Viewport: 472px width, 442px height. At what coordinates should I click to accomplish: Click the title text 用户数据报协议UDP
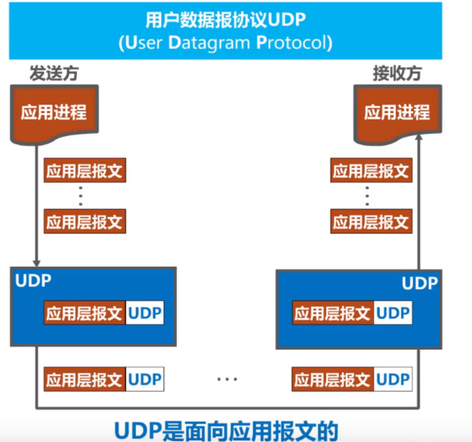click(x=226, y=21)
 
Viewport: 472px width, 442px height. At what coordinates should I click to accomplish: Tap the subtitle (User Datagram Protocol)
click(x=226, y=42)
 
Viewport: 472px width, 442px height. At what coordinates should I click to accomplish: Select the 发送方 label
click(x=54, y=74)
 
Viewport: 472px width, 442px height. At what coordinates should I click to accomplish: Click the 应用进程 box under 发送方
click(x=54, y=113)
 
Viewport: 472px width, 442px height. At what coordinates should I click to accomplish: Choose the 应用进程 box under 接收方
click(x=397, y=113)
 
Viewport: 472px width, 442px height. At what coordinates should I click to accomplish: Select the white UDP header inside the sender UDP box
click(x=145, y=313)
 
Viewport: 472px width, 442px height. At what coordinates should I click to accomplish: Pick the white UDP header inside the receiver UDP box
click(x=393, y=313)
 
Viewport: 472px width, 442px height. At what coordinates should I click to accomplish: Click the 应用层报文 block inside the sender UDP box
click(x=84, y=313)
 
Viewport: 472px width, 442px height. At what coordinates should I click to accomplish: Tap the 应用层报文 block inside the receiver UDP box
click(x=333, y=313)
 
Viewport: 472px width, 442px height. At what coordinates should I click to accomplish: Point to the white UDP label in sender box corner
click(x=33, y=280)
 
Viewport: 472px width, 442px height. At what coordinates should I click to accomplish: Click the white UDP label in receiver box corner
click(x=419, y=283)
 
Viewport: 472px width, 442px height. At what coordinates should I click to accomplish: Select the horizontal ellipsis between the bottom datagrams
click(x=227, y=379)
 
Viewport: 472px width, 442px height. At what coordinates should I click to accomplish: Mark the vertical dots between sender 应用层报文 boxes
click(x=81, y=196)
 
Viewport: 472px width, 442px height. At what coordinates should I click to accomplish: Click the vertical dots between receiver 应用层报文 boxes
click(x=367, y=196)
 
